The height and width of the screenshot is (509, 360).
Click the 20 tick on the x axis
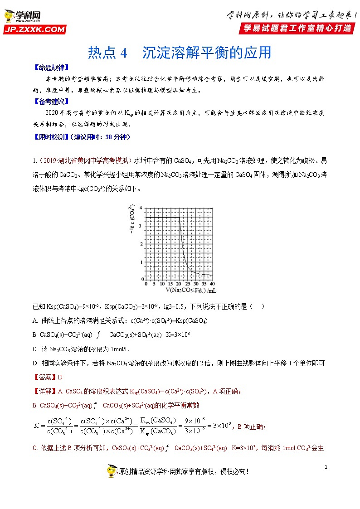179,284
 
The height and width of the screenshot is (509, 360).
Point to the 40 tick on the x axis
212,284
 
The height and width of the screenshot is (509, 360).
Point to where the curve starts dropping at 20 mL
179,218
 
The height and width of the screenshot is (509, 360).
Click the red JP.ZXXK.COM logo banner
34,30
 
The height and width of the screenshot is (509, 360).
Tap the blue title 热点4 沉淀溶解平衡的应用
180,53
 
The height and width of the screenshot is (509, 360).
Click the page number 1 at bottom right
326,467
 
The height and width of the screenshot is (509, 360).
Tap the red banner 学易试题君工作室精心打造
297,28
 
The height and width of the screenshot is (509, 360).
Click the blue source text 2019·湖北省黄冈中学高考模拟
86,160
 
